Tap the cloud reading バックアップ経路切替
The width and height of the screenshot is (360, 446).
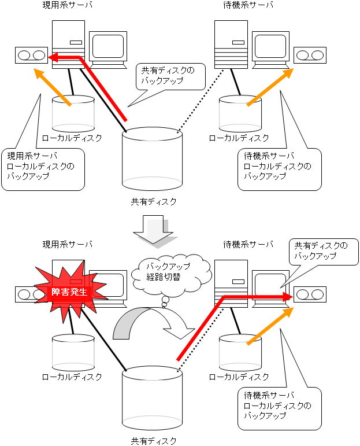pos(168,272)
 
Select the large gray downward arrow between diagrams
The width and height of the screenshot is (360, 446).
pos(153,229)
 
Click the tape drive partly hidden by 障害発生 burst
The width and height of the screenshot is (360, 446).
pos(26,294)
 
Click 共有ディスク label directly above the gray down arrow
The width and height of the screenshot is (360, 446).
pos(153,202)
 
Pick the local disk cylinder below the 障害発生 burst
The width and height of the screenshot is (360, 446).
pos(73,352)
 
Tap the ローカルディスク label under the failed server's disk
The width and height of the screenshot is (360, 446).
pos(72,377)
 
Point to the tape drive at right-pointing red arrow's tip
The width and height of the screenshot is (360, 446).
pos(310,294)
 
